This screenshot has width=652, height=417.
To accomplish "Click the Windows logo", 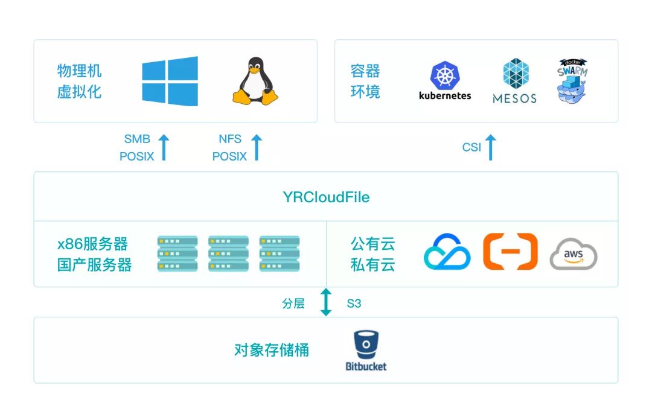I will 170,81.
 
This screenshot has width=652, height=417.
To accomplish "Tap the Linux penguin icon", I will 256,81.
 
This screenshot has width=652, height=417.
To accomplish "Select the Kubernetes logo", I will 445,80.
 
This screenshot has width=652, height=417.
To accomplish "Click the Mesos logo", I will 514,81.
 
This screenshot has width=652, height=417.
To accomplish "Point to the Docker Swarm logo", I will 572,81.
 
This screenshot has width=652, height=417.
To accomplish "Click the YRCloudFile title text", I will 326,197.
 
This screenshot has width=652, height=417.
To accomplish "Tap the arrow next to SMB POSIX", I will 164,148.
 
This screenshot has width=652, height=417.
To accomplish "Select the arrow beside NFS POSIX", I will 257,148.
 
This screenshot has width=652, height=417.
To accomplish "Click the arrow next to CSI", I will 490,148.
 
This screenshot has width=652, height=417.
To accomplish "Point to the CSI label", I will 471,147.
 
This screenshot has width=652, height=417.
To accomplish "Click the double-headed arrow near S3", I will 326,302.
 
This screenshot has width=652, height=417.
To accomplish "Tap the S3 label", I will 354,304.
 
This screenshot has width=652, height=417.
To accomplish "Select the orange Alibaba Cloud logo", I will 510,251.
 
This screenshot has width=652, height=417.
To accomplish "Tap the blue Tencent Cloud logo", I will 447,252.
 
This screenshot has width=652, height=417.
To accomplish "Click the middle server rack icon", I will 228,253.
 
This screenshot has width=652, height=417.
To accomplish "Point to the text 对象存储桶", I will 272,350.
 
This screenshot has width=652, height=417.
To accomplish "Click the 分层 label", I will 293,304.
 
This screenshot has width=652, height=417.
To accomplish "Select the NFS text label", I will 230,139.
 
